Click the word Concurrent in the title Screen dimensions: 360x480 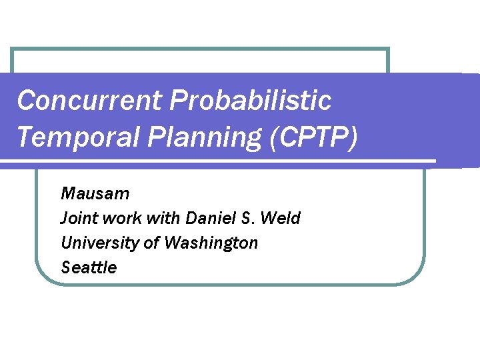pos(89,101)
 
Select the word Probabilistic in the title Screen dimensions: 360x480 pos(251,101)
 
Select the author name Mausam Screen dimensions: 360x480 pos(95,194)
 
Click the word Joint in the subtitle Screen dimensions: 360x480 pos(77,218)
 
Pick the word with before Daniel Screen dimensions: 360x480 pos(164,218)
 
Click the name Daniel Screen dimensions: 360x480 pos(209,218)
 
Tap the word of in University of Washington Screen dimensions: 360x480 pos(152,243)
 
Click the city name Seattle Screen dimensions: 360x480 pos(89,267)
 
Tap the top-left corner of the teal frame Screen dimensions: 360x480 pos(13,49)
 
